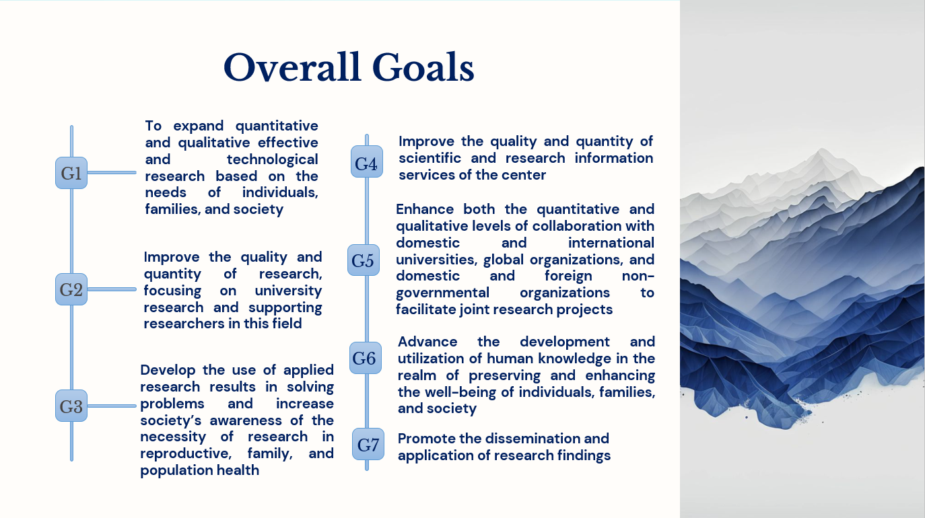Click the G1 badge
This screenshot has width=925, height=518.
click(x=71, y=173)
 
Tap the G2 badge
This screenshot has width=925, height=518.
click(x=71, y=289)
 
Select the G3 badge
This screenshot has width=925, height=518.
click(x=71, y=406)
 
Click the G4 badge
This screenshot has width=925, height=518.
click(x=367, y=161)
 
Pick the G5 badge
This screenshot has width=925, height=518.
click(x=364, y=260)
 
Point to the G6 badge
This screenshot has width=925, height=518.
click(x=366, y=358)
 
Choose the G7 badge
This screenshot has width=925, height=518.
click(x=368, y=444)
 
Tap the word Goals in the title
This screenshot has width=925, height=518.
click(x=423, y=67)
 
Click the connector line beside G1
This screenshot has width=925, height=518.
click(x=112, y=172)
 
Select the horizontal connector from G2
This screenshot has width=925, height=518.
click(x=112, y=289)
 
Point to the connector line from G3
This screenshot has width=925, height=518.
click(x=112, y=406)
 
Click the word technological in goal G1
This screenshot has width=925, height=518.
click(x=273, y=159)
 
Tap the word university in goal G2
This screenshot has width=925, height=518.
click(x=288, y=291)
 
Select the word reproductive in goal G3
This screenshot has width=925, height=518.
click(x=186, y=453)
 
